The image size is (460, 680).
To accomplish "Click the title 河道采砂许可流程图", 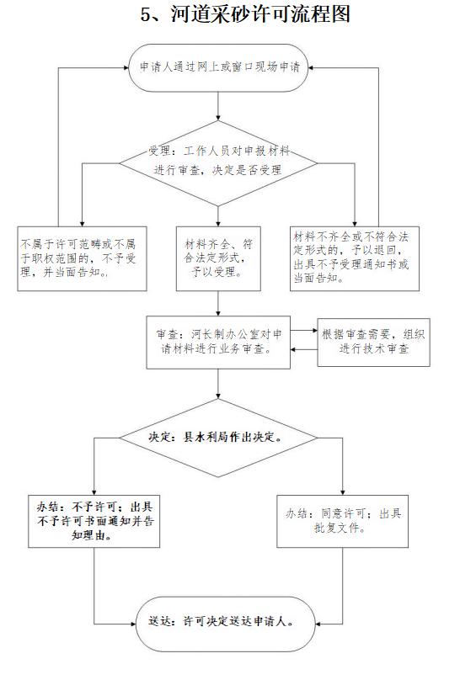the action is click(x=260, y=15).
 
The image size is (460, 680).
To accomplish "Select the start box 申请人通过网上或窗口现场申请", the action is click(x=218, y=67).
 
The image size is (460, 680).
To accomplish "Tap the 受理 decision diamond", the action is click(x=218, y=163).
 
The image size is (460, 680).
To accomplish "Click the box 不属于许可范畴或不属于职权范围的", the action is click(x=82, y=258).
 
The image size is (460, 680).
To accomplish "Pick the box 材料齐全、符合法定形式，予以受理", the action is click(x=218, y=258).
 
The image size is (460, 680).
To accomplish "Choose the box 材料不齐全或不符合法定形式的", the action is click(x=355, y=258).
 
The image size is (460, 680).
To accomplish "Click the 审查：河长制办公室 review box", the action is click(x=218, y=343).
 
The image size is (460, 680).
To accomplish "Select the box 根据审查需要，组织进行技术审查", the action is click(x=373, y=343).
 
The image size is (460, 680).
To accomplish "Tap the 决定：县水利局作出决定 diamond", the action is click(x=218, y=438).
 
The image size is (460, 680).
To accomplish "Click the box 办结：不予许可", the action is click(x=94, y=521).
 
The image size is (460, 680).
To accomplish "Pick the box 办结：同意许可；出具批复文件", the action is click(x=342, y=521).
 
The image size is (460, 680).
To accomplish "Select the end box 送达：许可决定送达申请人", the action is click(x=225, y=624).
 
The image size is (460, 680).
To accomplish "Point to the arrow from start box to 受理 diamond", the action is click(x=218, y=106).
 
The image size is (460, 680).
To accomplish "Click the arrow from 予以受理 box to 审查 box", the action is click(x=218, y=304).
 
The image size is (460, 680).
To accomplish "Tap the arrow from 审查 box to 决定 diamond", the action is click(x=218, y=384).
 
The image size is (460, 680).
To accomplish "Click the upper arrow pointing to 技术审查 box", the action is click(x=304, y=331).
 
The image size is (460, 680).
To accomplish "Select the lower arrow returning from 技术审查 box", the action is click(x=304, y=349).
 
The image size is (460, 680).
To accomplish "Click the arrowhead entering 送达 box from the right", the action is click(x=318, y=624).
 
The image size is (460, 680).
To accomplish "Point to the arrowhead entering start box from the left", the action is click(x=126, y=67).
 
